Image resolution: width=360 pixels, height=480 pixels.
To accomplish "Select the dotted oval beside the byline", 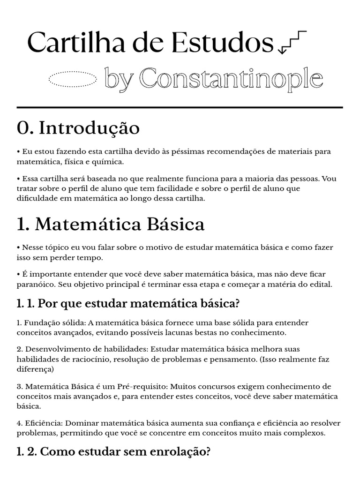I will [x=73, y=80].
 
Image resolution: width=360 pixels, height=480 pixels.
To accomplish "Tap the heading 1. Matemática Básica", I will [x=111, y=225].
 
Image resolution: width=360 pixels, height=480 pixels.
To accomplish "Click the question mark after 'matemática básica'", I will [x=237, y=304].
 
